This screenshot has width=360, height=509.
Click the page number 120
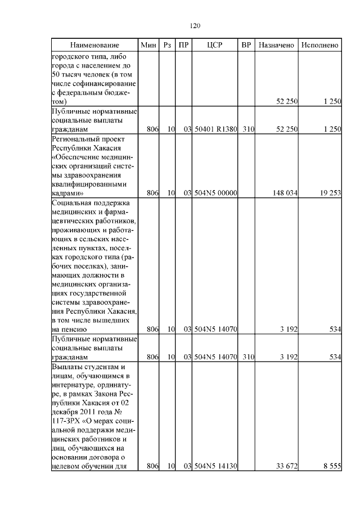[x=195, y=25]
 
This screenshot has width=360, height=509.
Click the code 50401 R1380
[x=215, y=129]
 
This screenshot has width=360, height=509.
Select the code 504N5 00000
[x=215, y=193]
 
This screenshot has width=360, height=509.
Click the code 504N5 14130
[x=215, y=466]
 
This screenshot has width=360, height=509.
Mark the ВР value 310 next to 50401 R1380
[x=249, y=129]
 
